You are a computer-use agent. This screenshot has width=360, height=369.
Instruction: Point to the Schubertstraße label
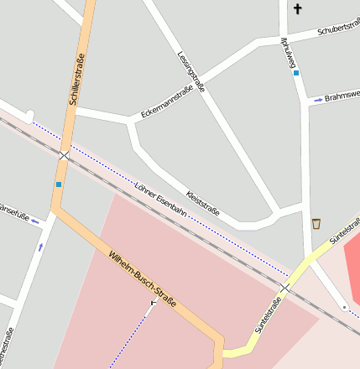[x=337, y=30]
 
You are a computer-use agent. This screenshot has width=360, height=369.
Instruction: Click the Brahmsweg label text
[x=342, y=95]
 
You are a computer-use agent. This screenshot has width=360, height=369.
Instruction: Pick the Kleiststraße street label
[x=203, y=201]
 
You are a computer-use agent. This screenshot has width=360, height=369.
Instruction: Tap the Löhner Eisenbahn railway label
[x=160, y=199]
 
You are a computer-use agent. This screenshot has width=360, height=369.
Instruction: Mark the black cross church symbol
[x=297, y=8]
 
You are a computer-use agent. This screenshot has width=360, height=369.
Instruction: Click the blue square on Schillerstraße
[x=59, y=184]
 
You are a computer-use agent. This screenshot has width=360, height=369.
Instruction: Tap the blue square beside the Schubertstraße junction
[x=295, y=73]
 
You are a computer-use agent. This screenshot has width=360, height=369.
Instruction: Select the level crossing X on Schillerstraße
[x=65, y=155]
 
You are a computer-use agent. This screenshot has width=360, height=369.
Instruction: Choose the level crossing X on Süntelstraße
[x=284, y=288]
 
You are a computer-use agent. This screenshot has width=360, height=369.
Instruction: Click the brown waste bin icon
[x=316, y=223]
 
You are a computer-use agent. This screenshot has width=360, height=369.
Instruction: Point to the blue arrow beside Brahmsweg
[x=318, y=100]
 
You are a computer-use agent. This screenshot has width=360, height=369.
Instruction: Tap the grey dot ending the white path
[x=344, y=308]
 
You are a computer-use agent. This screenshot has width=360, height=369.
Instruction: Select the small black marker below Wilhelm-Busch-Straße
[x=153, y=302]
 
